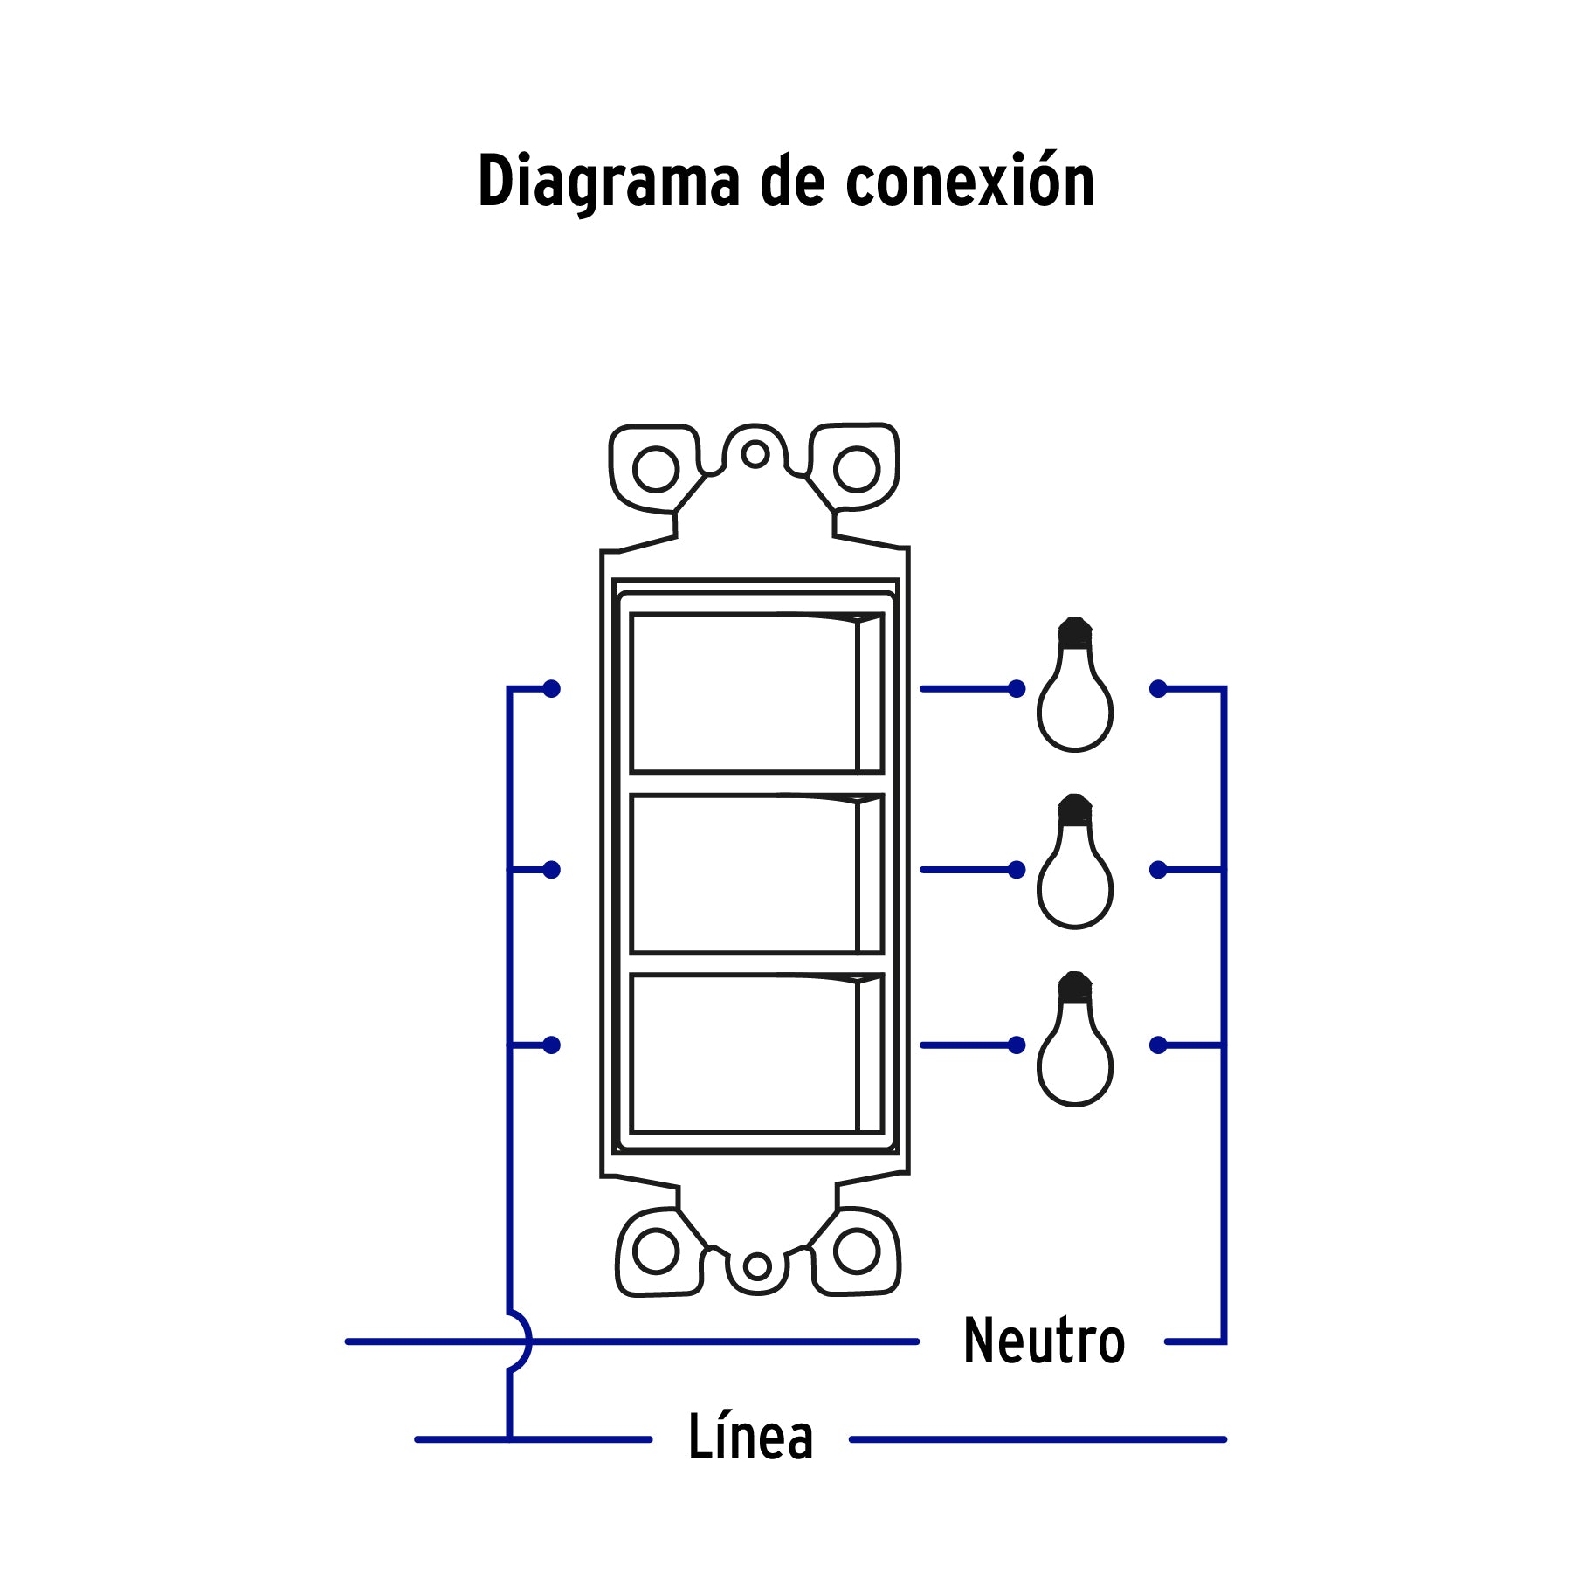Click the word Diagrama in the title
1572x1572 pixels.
607,182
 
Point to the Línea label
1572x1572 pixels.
750,1438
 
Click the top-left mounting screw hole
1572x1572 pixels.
655,469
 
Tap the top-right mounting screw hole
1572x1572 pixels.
856,469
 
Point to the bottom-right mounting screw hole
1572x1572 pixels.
856,1251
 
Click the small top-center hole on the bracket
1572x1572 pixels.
755,454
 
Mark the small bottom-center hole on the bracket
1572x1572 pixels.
757,1265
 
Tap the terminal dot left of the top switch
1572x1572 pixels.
551,689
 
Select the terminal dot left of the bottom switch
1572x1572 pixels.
551,1045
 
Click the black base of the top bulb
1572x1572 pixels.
1075,632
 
